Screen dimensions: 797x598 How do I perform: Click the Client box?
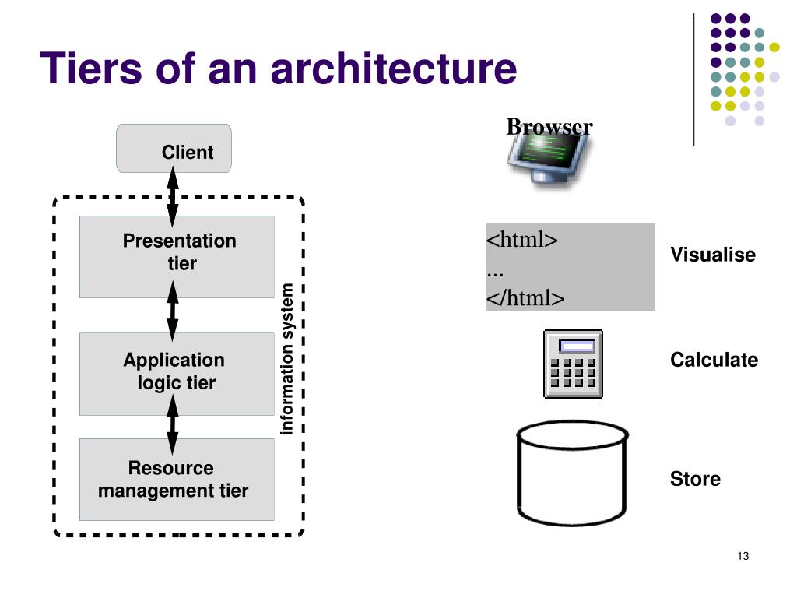coord(174,149)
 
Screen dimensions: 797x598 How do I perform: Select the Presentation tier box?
coord(177,257)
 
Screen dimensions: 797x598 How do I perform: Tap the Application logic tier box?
coord(177,374)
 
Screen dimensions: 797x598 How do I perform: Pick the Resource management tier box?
coord(177,480)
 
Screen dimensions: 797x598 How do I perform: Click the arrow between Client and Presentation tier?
coord(173,196)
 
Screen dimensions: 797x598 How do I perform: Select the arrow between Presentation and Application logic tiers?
coord(173,311)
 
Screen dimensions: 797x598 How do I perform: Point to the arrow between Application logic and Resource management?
coord(173,424)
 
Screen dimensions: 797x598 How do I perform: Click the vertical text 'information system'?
coord(286,359)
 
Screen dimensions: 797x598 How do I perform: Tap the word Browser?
coord(549,127)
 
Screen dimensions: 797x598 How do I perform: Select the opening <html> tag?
coord(522,239)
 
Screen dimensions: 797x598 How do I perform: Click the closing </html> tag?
coord(525,297)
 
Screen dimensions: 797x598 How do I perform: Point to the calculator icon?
coord(574,364)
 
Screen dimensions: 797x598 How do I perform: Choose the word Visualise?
coord(713,255)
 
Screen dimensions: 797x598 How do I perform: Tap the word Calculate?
coord(714,360)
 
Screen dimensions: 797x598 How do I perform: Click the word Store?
coord(695,479)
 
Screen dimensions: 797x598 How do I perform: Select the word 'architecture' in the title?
coord(394,69)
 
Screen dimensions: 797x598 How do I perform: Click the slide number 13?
coord(743,556)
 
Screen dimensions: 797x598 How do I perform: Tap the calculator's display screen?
coord(577,346)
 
